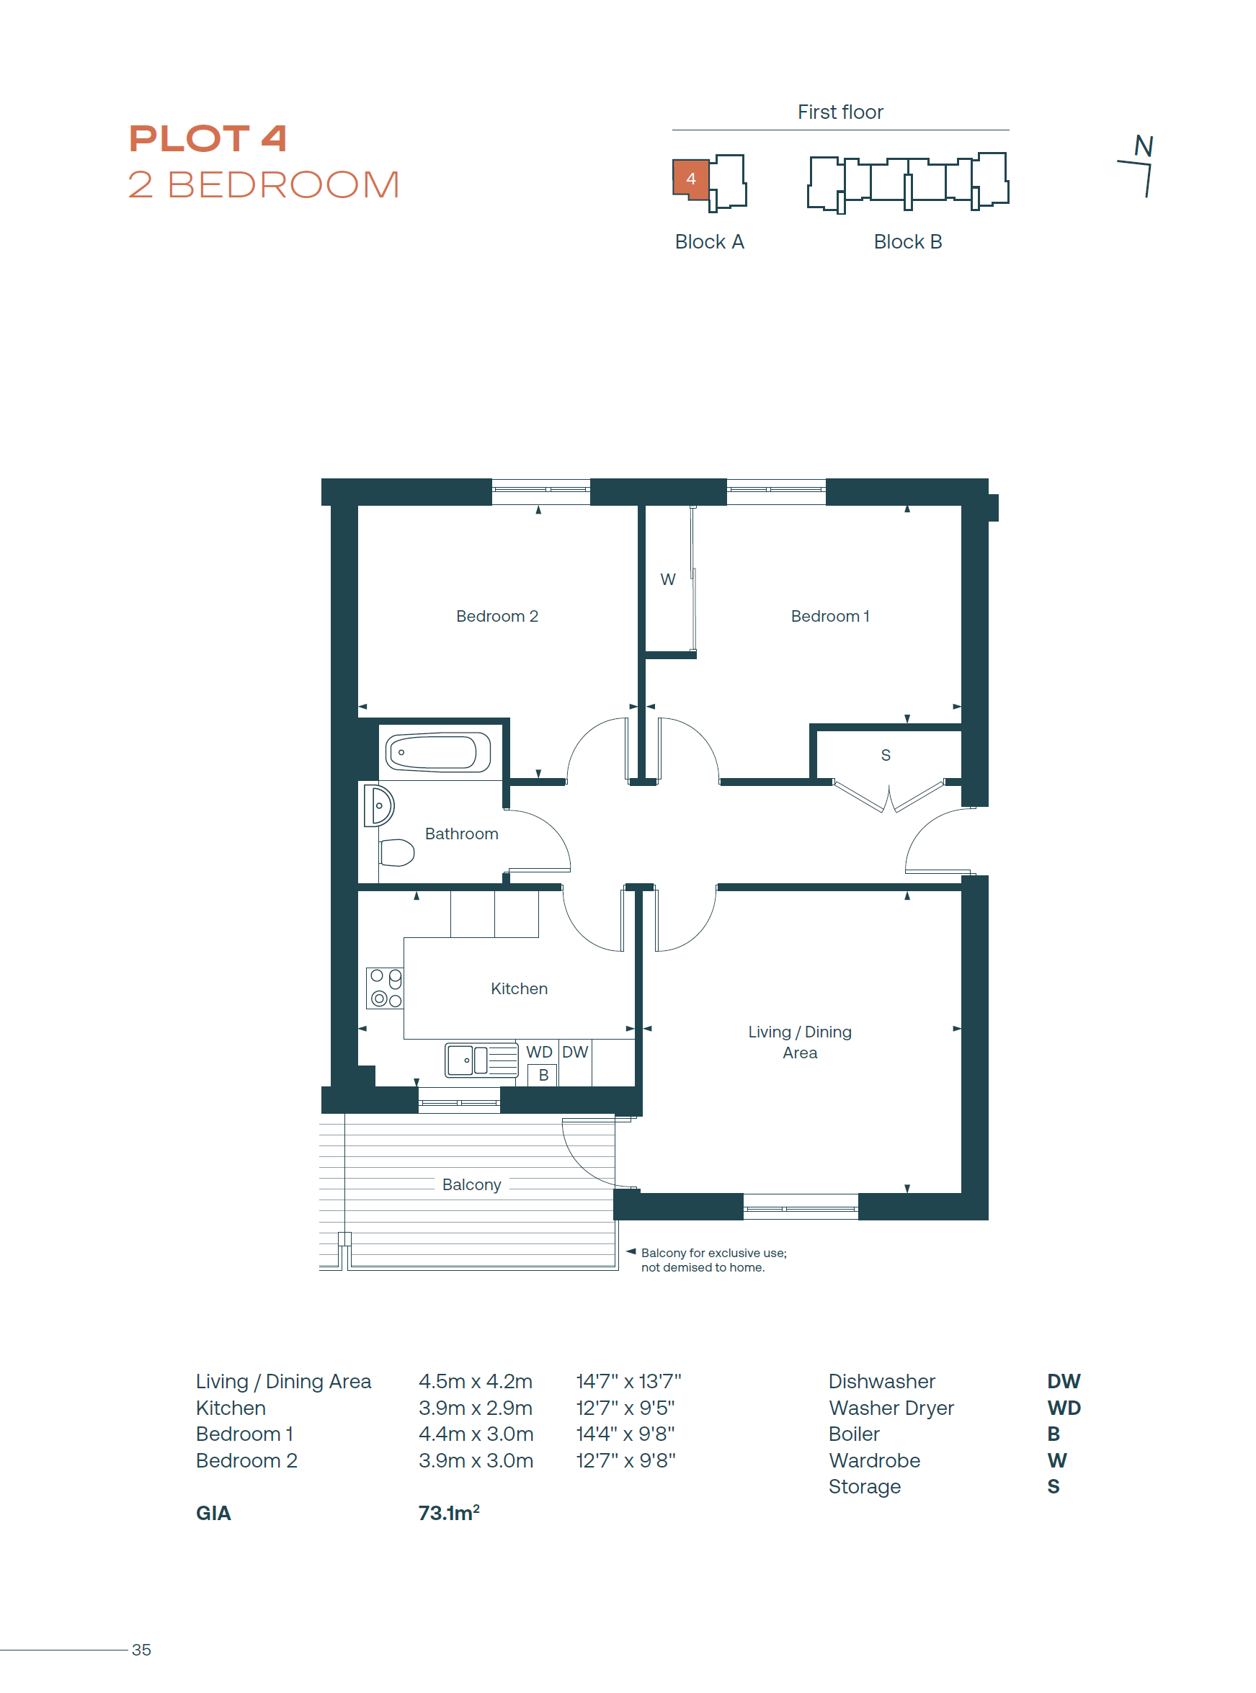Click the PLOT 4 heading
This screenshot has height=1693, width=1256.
(x=208, y=138)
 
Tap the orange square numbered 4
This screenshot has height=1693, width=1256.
(x=690, y=179)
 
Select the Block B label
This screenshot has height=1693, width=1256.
(x=908, y=242)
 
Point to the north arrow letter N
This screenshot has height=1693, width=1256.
(x=1144, y=146)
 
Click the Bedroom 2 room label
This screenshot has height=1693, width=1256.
(x=497, y=616)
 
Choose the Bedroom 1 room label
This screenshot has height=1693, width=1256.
(x=829, y=616)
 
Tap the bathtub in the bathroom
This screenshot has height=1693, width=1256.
(x=439, y=753)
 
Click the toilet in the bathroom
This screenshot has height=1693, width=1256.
(x=397, y=852)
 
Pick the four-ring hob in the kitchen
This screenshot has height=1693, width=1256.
(x=385, y=988)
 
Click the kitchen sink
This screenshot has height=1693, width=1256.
(x=481, y=1060)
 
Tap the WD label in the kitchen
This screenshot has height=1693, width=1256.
(x=539, y=1051)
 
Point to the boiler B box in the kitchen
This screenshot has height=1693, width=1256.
(x=543, y=1075)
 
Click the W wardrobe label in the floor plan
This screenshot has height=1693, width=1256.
(x=667, y=579)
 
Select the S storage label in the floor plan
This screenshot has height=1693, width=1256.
(x=886, y=755)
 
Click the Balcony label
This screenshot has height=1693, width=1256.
(x=471, y=1184)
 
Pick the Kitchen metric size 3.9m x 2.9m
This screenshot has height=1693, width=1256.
(x=475, y=1408)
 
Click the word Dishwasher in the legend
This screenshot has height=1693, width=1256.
(x=882, y=1381)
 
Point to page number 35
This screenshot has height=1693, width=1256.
(x=141, y=1650)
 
